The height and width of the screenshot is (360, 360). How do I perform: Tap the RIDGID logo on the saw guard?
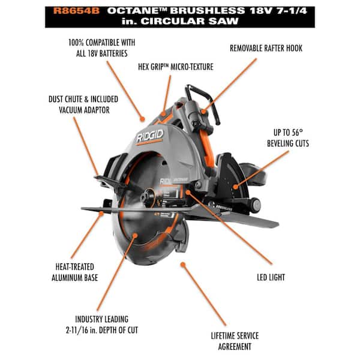tap(149, 137)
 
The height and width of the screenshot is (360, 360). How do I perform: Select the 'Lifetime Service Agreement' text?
tap(231, 341)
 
